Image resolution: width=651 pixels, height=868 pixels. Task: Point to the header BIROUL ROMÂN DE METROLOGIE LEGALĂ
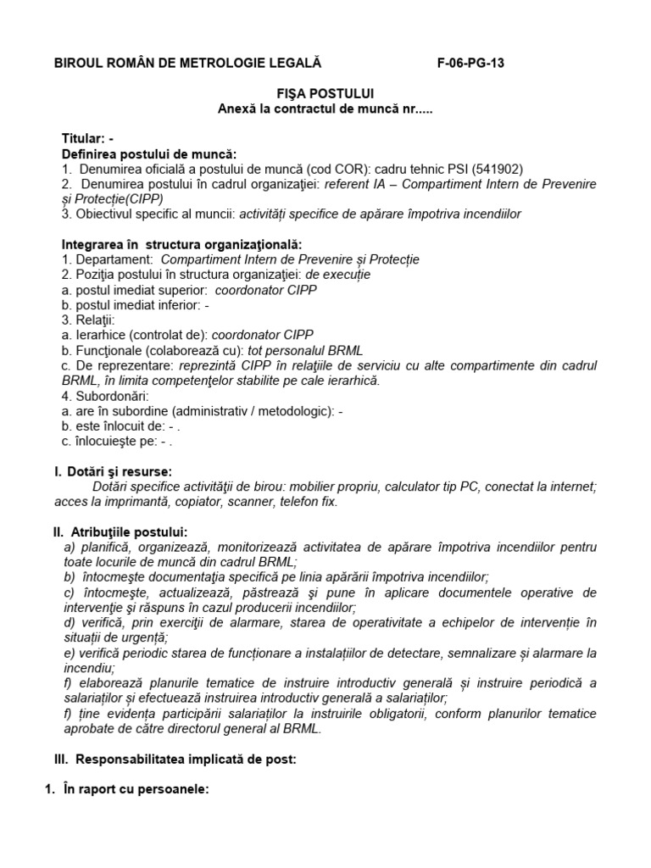click(188, 63)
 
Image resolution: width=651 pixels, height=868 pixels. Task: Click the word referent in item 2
click(338, 183)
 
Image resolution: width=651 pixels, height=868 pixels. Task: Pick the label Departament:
click(114, 259)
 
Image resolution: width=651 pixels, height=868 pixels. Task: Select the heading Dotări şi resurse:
click(118, 470)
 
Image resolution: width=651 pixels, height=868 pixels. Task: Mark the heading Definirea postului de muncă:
click(150, 153)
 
